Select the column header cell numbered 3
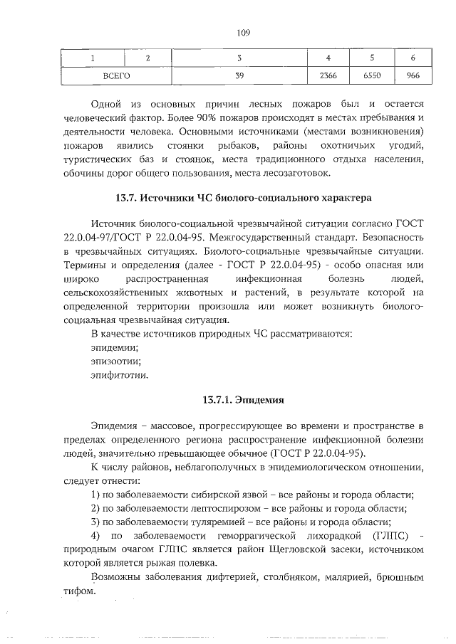click(x=239, y=58)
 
